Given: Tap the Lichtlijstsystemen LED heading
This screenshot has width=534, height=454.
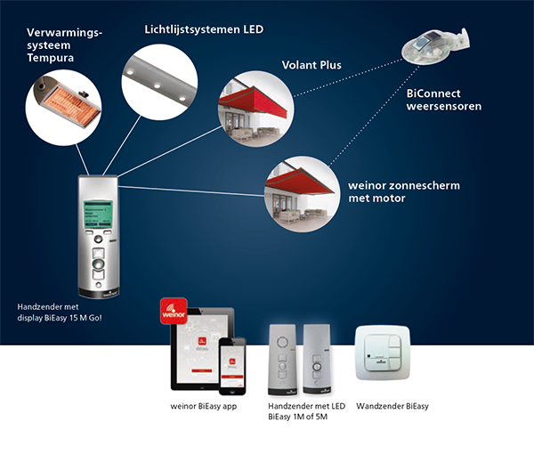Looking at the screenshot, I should (204, 29).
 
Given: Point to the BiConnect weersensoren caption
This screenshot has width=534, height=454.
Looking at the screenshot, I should (443, 100).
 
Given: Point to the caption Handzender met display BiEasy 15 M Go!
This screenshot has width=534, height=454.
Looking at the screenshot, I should (60, 312).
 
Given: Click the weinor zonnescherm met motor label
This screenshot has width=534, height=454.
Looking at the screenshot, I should (389, 191).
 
